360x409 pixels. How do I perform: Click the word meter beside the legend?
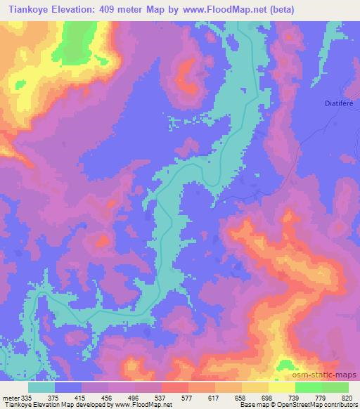[11, 397]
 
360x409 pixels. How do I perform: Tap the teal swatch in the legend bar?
[42, 387]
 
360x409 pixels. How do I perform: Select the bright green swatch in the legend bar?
[308, 387]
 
